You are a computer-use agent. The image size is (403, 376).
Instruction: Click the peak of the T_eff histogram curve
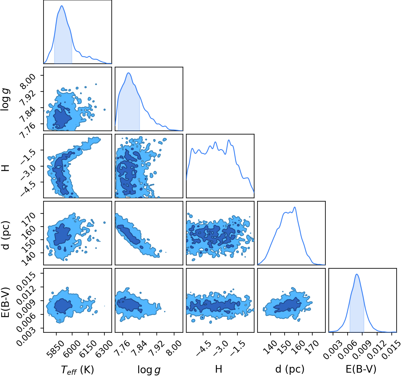62,6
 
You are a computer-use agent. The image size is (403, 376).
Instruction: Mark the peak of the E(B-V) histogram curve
356,274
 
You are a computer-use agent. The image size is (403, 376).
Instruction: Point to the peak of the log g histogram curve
128,73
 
